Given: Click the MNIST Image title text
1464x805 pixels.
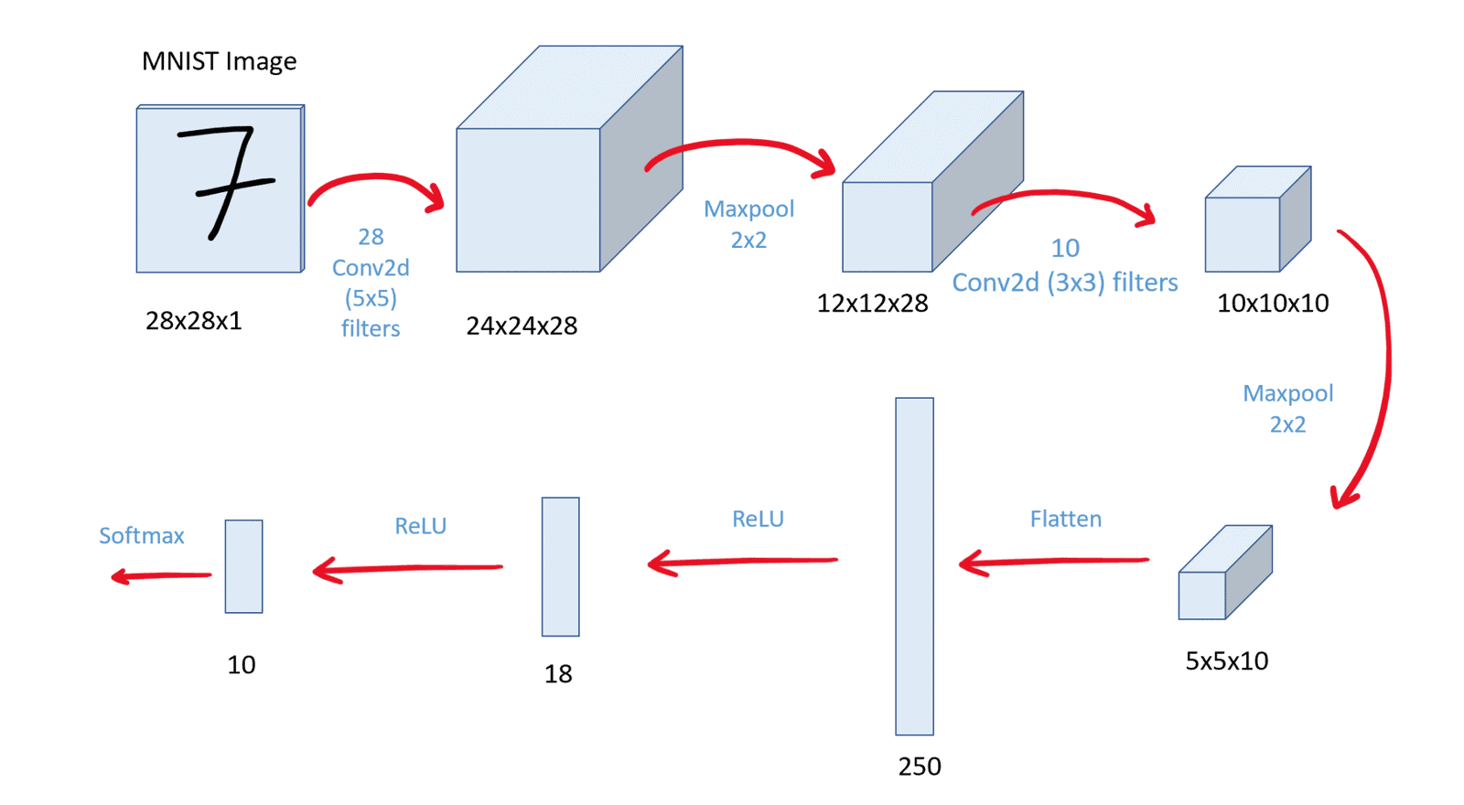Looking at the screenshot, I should (x=219, y=61).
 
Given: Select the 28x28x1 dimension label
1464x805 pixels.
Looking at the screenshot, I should (x=193, y=321).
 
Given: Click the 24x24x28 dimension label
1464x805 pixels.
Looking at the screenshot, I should (x=522, y=326).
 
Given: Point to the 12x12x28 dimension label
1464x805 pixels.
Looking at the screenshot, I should (x=872, y=304).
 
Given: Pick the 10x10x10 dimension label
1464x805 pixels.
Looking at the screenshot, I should (x=1272, y=304).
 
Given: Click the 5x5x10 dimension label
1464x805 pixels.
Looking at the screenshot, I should (x=1226, y=661).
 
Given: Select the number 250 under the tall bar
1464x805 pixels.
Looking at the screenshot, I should (x=919, y=767).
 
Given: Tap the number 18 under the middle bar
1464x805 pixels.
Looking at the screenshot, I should (x=558, y=674).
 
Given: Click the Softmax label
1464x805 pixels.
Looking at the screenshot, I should (x=142, y=535).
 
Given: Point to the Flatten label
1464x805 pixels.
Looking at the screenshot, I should (x=1065, y=519).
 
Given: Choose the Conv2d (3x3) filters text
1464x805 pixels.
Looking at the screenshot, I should (x=1064, y=283).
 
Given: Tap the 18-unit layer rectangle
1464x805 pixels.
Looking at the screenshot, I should (x=560, y=566).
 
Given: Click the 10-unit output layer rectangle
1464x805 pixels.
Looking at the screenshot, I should (x=243, y=566).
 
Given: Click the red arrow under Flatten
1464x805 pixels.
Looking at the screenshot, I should (x=1052, y=562).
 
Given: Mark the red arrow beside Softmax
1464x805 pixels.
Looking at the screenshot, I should (x=161, y=575).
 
